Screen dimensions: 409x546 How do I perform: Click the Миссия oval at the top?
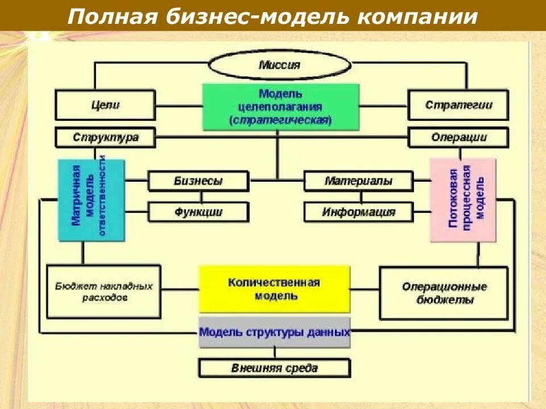tap(279, 65)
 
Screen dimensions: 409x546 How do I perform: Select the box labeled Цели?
tap(105, 105)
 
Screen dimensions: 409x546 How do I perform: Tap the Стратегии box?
tap(458, 105)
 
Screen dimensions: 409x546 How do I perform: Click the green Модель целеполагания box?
tap(281, 107)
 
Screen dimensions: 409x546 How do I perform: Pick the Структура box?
tap(105, 137)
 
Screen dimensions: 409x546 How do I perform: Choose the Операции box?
tap(458, 137)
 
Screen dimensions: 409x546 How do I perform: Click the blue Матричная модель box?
tap(91, 200)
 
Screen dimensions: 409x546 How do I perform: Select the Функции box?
tap(198, 212)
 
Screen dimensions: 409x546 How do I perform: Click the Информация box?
tap(358, 212)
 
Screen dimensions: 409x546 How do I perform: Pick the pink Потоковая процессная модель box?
tap(463, 200)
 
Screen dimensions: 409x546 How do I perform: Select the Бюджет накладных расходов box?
tap(104, 291)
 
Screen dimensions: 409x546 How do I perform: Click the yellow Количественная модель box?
tap(274, 289)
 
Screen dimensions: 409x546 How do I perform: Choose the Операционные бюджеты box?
tap(444, 293)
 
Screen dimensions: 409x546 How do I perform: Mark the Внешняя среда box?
tap(274, 368)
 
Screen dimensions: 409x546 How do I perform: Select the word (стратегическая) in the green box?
tap(281, 120)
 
